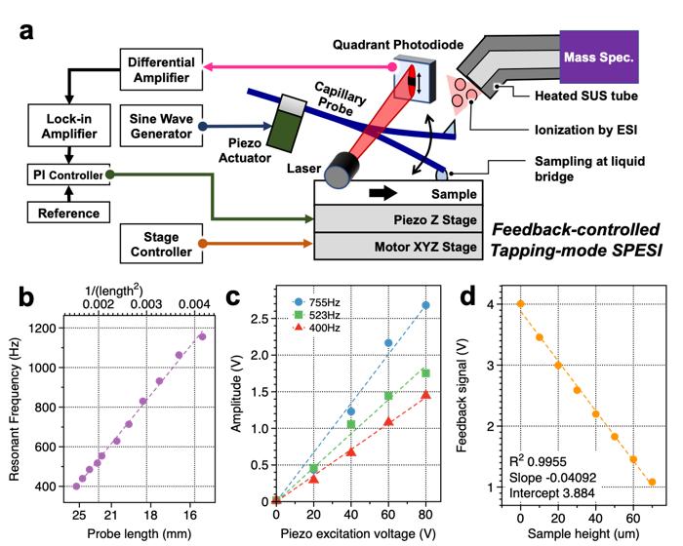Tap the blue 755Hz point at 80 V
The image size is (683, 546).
(x=425, y=305)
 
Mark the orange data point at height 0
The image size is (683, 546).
(x=520, y=303)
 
